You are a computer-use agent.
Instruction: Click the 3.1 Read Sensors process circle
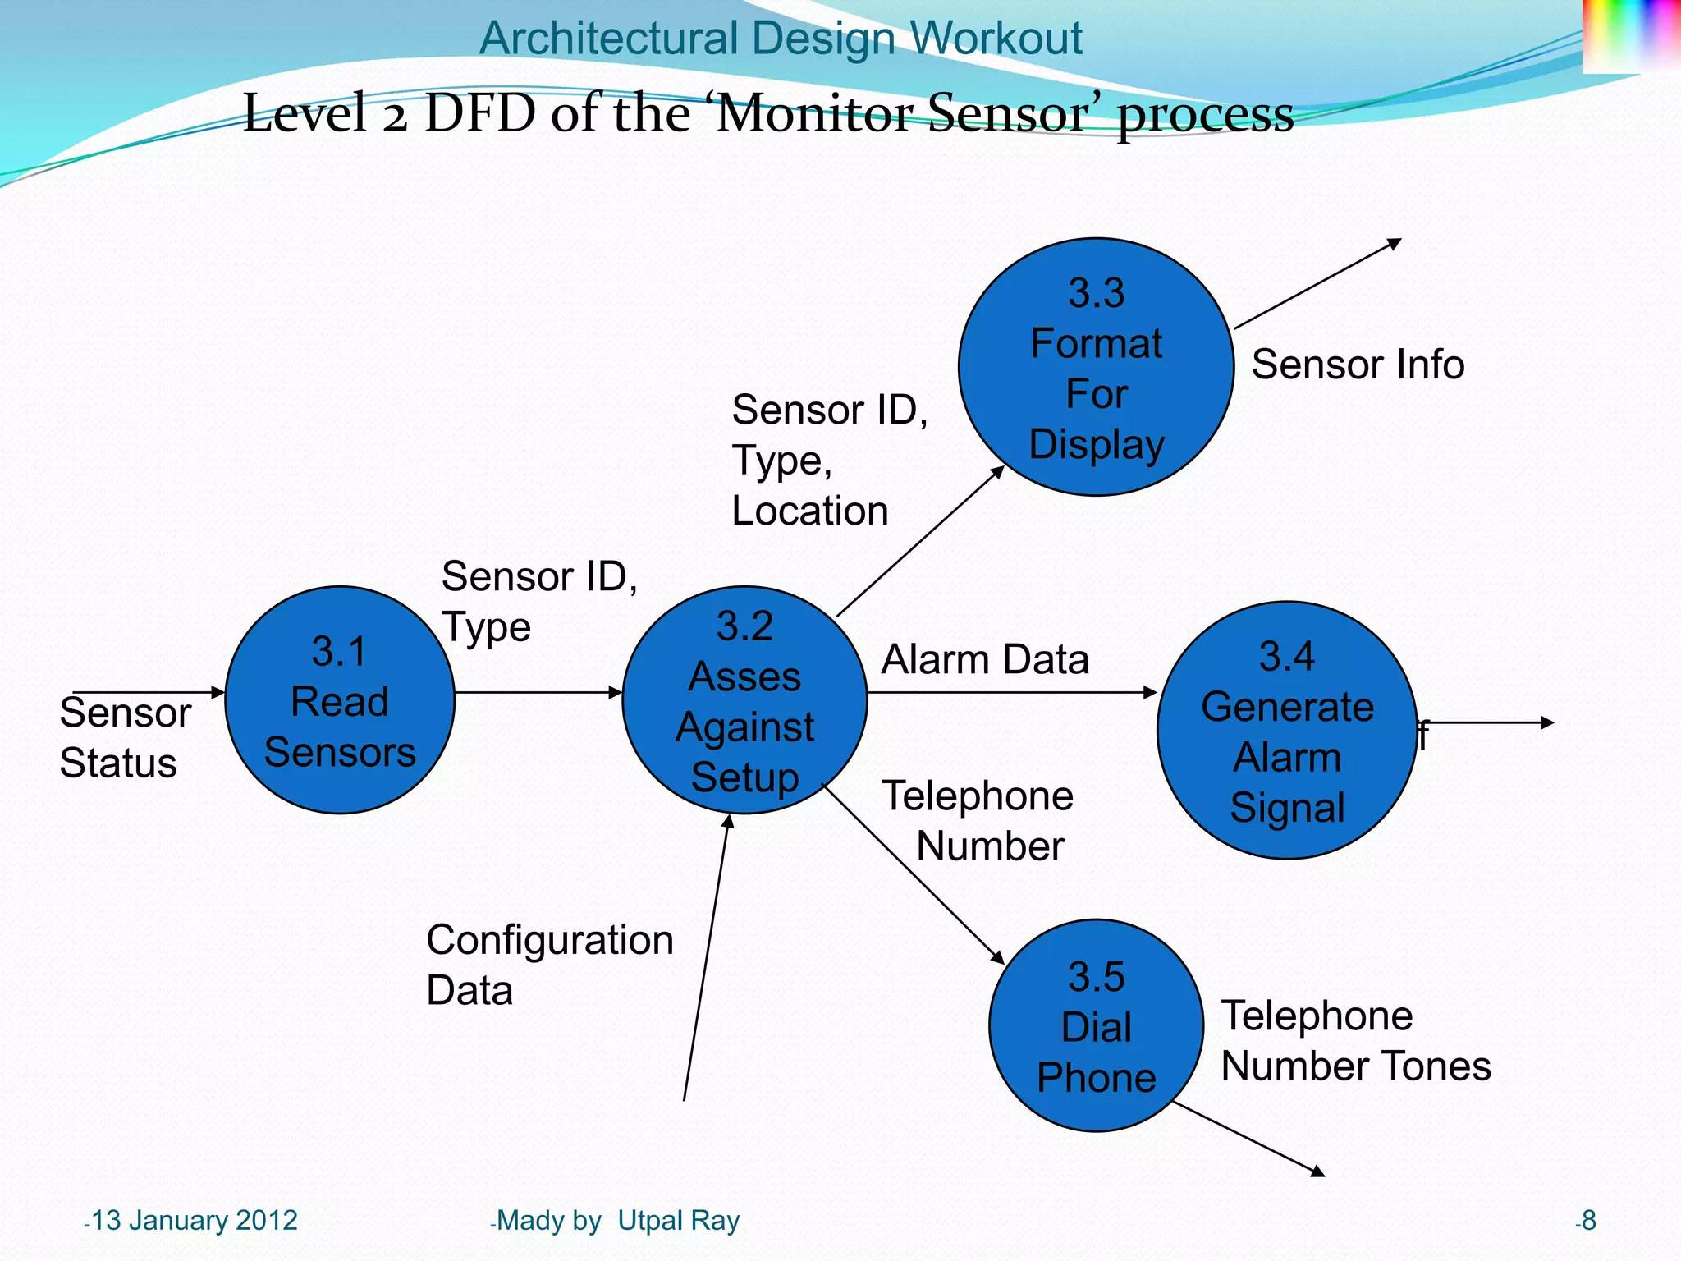pyautogui.click(x=340, y=700)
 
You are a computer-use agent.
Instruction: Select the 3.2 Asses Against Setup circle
pyautogui.click(x=744, y=700)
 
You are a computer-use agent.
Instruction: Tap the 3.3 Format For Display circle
pyautogui.click(x=1096, y=367)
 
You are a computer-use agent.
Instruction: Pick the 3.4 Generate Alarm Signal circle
pyautogui.click(x=1286, y=731)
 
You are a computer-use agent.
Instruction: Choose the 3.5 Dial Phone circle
pyautogui.click(x=1096, y=1025)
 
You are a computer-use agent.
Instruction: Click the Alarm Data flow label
pyautogui.click(x=984, y=659)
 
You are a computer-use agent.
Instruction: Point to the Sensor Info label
pyautogui.click(x=1358, y=364)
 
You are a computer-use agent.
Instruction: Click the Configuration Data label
pyautogui.click(x=549, y=965)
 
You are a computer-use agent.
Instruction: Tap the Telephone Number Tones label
pyautogui.click(x=1355, y=1041)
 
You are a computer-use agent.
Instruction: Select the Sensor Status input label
pyautogui.click(x=125, y=737)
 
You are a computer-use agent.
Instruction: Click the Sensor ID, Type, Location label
pyautogui.click(x=829, y=460)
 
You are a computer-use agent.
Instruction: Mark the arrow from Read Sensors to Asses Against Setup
pyautogui.click(x=538, y=692)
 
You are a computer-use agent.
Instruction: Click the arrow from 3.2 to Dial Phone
pyautogui.click(x=913, y=874)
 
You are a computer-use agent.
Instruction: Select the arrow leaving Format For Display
pyautogui.click(x=1317, y=284)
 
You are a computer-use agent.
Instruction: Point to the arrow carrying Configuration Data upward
pyautogui.click(x=706, y=956)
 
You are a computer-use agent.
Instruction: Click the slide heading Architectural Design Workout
pyautogui.click(x=781, y=38)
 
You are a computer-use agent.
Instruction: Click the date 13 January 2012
pyautogui.click(x=194, y=1221)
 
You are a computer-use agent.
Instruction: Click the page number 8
pyautogui.click(x=1588, y=1221)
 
